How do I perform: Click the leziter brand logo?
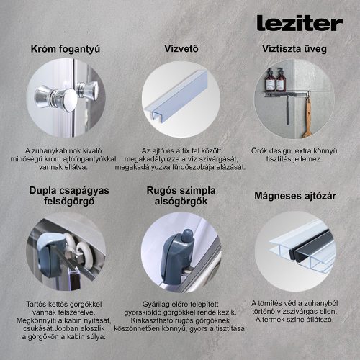(x=299, y=23)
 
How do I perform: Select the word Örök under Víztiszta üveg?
(x=259, y=150)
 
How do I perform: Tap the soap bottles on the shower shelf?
(x=274, y=79)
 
